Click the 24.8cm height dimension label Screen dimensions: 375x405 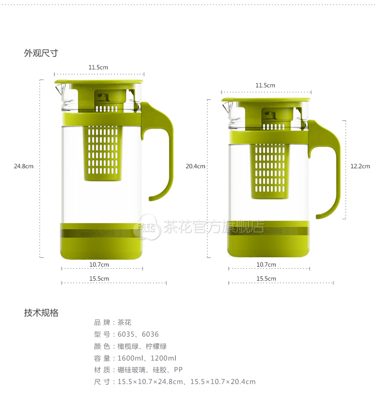[23, 166]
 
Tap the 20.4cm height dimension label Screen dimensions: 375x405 [195, 166]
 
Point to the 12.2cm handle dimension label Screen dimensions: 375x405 [360, 166]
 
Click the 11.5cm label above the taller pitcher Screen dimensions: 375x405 [98, 67]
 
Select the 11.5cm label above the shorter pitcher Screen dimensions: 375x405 [265, 85]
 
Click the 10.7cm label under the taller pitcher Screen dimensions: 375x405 [99, 265]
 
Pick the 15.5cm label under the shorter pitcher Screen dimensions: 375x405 [266, 279]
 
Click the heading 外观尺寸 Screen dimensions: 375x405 [41, 53]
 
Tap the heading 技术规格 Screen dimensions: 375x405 [41, 313]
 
